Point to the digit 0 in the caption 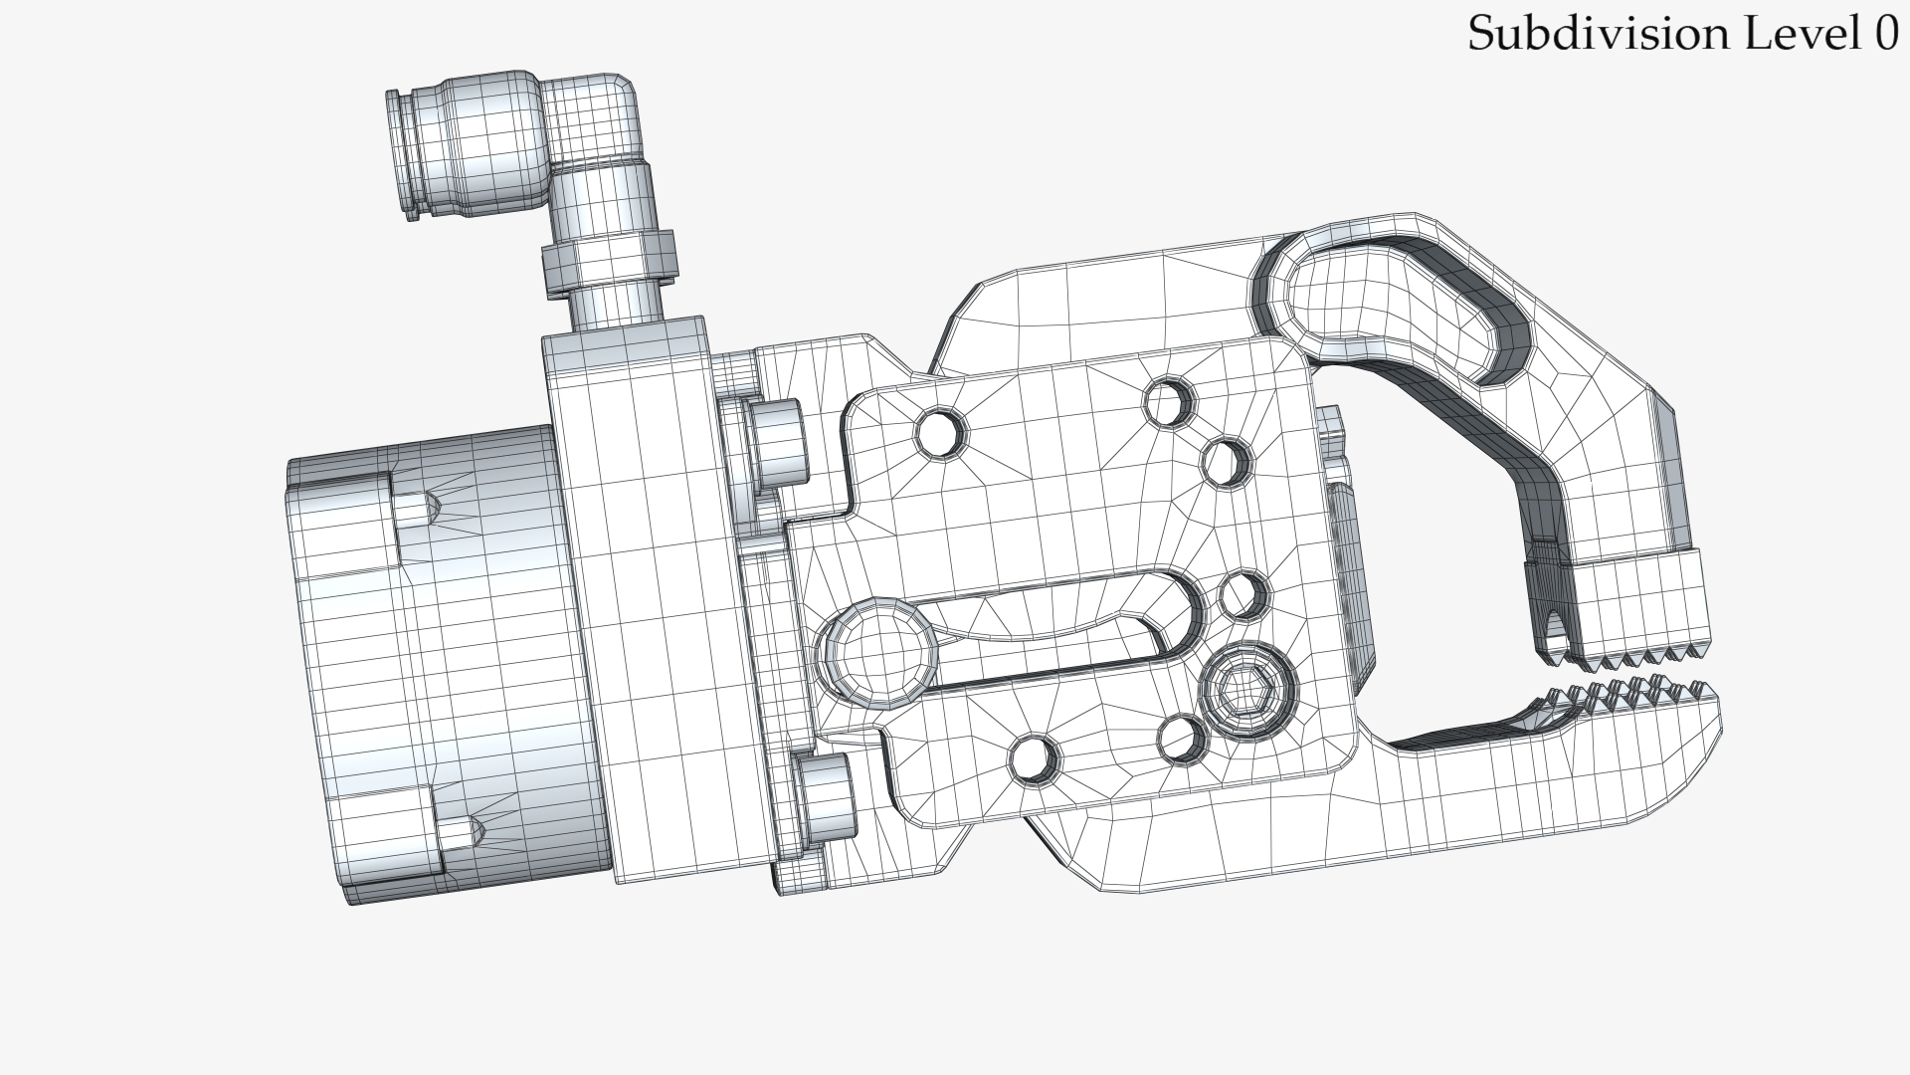[1887, 34]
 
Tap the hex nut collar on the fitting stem [610, 261]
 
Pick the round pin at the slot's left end [876, 653]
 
